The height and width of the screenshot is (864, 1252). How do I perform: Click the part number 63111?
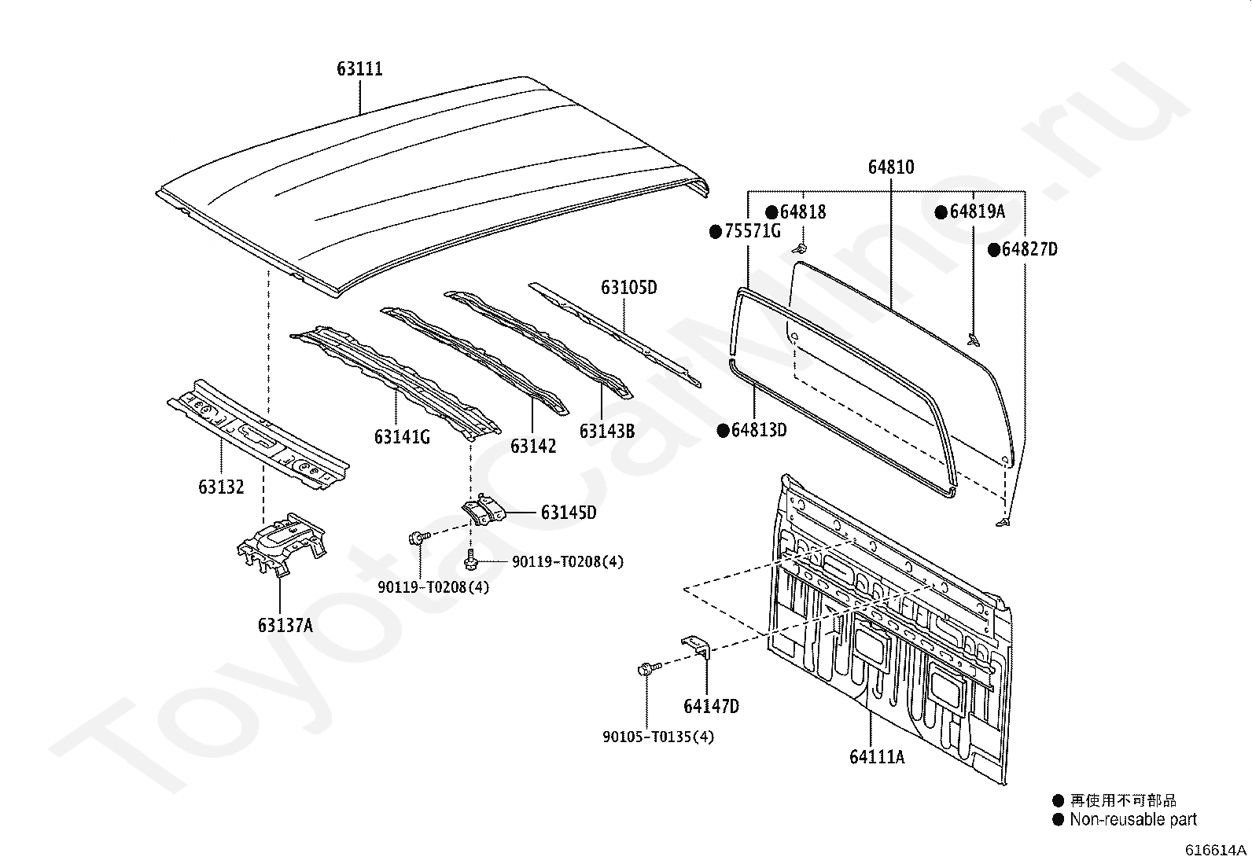click(x=360, y=69)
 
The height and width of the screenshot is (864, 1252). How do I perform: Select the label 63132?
click(x=221, y=487)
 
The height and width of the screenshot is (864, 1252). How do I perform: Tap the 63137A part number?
click(x=285, y=626)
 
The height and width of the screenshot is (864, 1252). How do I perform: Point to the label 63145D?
click(x=568, y=513)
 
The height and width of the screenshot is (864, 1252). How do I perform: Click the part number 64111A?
click(x=877, y=757)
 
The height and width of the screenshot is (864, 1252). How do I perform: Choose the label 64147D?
click(x=711, y=706)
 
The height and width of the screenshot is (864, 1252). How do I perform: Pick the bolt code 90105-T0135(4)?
click(x=658, y=737)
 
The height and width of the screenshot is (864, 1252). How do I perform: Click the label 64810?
click(x=891, y=167)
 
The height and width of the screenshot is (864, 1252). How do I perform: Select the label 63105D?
click(x=629, y=288)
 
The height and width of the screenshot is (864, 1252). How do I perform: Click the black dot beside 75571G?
click(x=716, y=231)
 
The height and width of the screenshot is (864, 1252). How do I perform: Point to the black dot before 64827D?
click(x=994, y=250)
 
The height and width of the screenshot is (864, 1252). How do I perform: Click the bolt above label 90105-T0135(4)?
click(x=645, y=670)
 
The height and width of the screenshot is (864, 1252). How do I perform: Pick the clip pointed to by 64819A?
click(x=974, y=340)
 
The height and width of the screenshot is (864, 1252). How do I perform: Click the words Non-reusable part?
click(x=1132, y=820)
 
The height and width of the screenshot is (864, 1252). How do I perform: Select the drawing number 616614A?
click(x=1217, y=850)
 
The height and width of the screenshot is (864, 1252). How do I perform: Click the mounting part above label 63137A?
click(x=281, y=542)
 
